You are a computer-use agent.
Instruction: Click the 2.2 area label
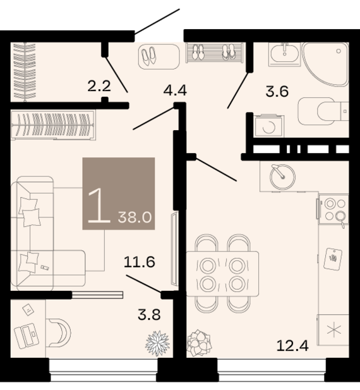coord(99,87)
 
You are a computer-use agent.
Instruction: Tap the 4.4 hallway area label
coord(175,90)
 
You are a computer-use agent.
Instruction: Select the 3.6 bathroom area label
coord(277,91)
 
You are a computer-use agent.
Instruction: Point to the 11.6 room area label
coord(140,262)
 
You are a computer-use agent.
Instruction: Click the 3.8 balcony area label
coord(149,315)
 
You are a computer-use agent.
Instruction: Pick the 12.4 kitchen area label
coord(292,346)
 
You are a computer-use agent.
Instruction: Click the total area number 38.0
coord(135,217)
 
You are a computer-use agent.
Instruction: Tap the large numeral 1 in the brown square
coord(99,205)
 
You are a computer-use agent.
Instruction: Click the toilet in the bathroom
coord(323,111)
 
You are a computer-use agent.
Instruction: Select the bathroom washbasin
coord(284,54)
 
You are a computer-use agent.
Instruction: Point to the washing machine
coord(269,126)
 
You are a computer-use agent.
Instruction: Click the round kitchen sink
coord(282,177)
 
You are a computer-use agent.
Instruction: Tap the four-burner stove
coord(333,209)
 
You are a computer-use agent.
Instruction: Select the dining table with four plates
coord(222,274)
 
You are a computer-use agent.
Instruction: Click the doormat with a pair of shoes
coord(159,56)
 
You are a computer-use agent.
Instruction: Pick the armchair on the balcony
coord(58,332)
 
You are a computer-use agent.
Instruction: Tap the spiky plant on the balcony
coord(157,343)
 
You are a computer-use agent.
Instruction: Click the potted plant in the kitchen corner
coord(199,343)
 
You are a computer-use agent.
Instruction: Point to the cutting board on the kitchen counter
coord(333,259)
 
